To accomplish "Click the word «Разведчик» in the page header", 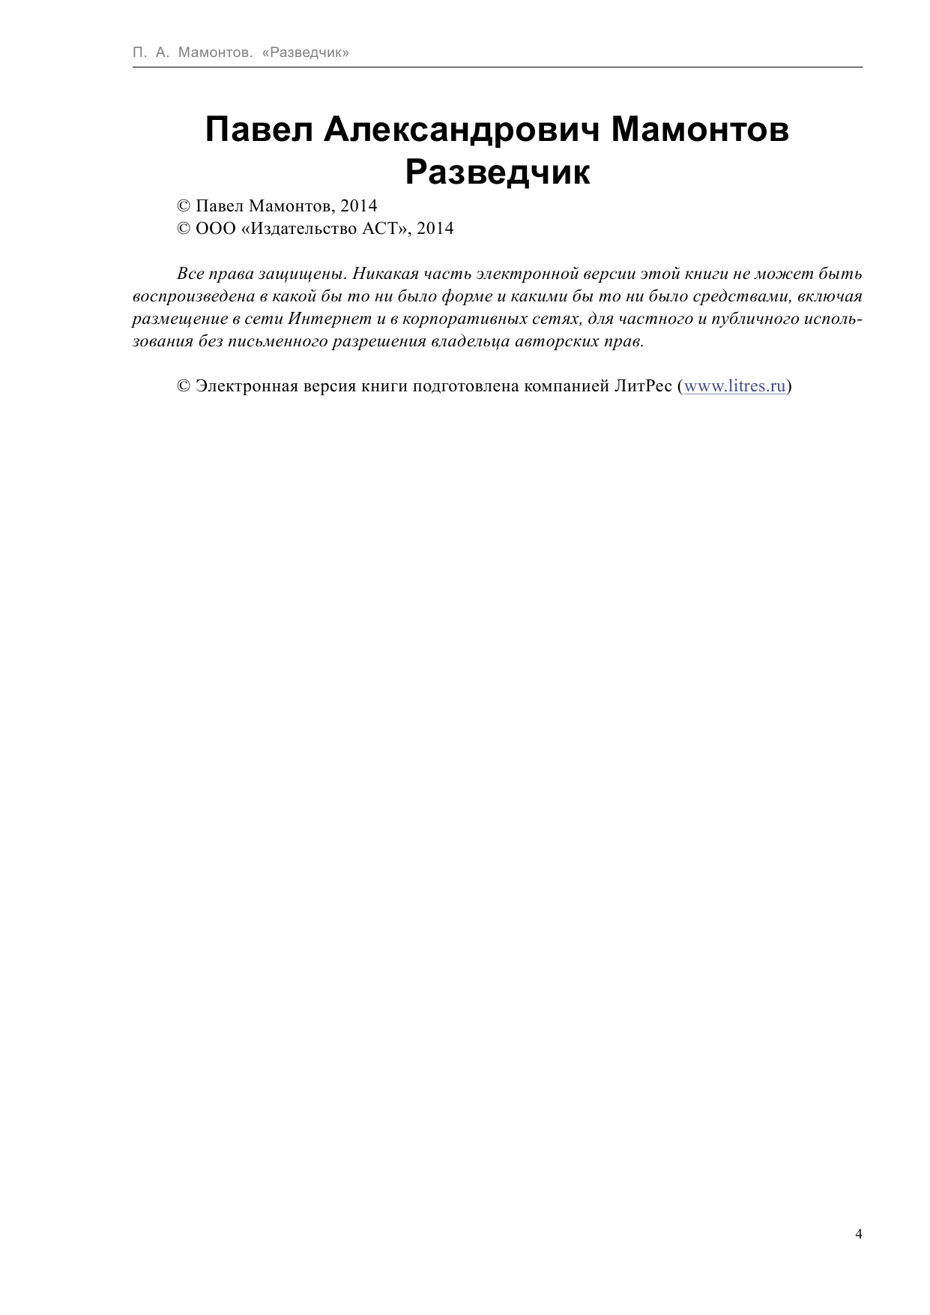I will [306, 52].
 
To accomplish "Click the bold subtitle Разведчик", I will [498, 172].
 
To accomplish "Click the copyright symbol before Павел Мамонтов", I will [183, 206].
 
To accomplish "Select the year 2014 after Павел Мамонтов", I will [358, 206].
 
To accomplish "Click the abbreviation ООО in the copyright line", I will [215, 229].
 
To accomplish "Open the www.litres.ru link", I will [735, 386].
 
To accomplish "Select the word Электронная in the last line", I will [247, 386].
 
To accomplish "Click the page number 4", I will [858, 1234].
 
